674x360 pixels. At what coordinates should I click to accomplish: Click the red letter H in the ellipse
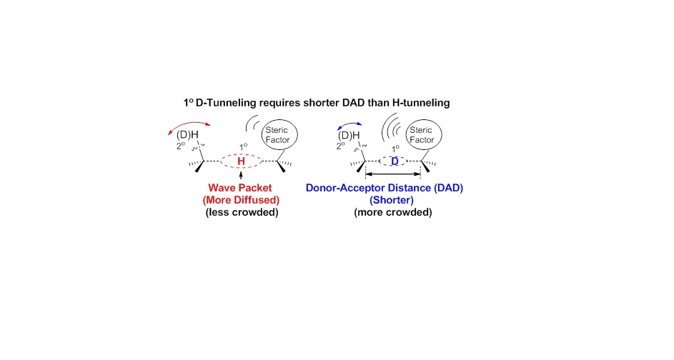[241, 162]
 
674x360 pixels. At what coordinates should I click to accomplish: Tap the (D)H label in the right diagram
[348, 136]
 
